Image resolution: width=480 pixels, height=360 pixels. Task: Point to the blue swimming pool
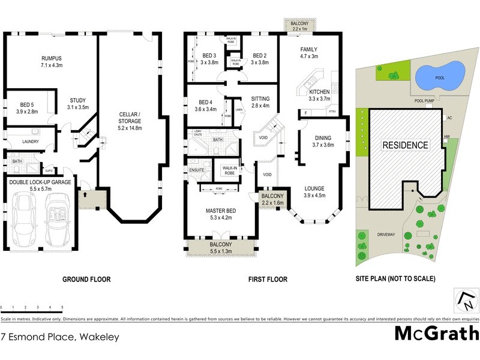(x=440, y=76)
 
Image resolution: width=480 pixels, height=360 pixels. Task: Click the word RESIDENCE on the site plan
(x=406, y=145)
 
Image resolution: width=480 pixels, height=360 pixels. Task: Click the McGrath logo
(x=436, y=333)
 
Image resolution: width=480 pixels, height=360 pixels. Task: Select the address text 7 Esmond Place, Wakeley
(x=60, y=337)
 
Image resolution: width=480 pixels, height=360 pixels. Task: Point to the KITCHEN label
(x=320, y=92)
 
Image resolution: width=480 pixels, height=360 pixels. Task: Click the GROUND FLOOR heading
(x=87, y=279)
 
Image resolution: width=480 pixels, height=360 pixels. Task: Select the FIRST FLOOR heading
(x=267, y=279)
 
